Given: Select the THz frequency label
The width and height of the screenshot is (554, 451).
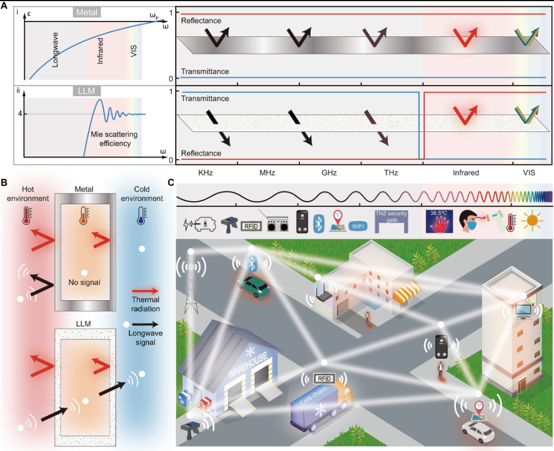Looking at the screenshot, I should [x=391, y=172].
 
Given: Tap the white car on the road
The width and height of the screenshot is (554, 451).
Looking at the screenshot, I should [x=477, y=431].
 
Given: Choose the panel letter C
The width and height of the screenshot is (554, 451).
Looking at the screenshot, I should [x=172, y=183].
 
